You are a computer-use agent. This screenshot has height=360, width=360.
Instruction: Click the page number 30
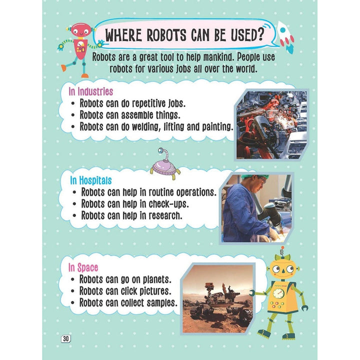point(65,338)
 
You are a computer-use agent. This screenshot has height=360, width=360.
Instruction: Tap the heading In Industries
point(90,91)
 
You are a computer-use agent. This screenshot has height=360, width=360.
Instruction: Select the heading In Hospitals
point(91,180)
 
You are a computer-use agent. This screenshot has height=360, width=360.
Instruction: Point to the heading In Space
point(83,267)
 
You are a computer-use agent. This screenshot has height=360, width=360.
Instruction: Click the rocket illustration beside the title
point(285,36)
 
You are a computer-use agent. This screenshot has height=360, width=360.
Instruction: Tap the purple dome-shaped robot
point(165,165)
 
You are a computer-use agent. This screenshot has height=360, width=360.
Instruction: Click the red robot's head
point(80,30)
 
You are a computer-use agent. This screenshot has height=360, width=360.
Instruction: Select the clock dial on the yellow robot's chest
point(278,293)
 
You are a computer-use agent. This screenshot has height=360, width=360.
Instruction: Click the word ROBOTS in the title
point(166,35)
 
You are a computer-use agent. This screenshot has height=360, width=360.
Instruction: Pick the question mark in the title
point(260,34)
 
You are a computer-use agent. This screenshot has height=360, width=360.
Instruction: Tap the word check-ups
point(169,204)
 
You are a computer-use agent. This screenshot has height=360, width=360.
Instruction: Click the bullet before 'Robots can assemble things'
point(73,115)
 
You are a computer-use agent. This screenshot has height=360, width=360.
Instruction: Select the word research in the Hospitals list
point(165,216)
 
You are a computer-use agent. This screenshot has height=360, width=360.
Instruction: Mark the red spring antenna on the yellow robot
point(282,251)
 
